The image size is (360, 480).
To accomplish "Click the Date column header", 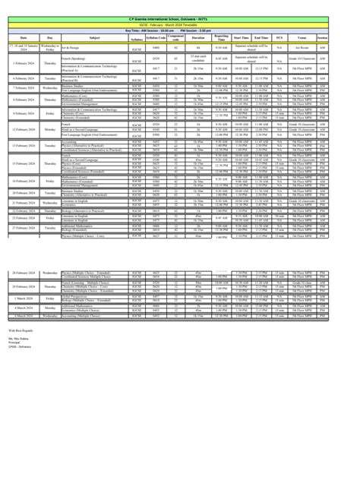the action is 22,38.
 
